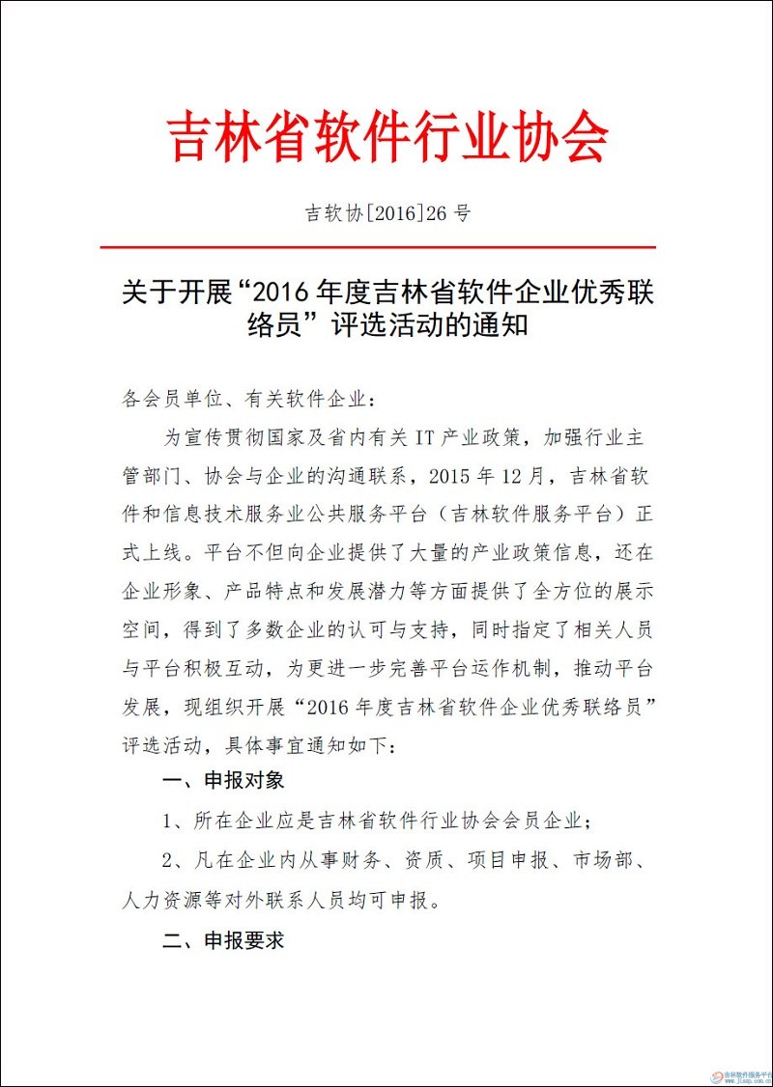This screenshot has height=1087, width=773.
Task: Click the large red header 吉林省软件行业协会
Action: [x=387, y=136]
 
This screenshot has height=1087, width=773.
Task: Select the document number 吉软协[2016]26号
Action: [x=387, y=213]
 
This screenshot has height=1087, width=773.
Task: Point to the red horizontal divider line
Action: [x=387, y=248]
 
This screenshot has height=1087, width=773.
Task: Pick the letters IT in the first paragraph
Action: [x=426, y=436]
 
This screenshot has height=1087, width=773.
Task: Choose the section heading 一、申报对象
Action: [x=223, y=780]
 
